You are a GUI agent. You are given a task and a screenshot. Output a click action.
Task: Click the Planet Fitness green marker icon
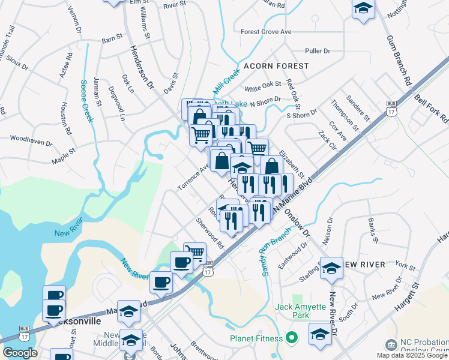(x=292, y=338)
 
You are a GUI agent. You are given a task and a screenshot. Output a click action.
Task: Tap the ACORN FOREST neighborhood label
(x=276, y=65)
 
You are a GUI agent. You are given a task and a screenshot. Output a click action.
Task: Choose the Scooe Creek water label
(x=86, y=101)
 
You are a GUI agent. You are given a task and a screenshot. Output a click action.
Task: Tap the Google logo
(x=20, y=353)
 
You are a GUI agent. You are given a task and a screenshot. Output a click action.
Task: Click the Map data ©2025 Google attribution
(x=412, y=355)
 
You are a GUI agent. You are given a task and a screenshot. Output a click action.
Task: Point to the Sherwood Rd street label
(x=209, y=233)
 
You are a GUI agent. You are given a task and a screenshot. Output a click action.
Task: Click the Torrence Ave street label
(x=193, y=178)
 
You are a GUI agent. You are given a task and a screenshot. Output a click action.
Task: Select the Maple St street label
(x=64, y=158)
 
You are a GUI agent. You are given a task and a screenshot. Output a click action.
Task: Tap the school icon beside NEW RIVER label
(x=331, y=268)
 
